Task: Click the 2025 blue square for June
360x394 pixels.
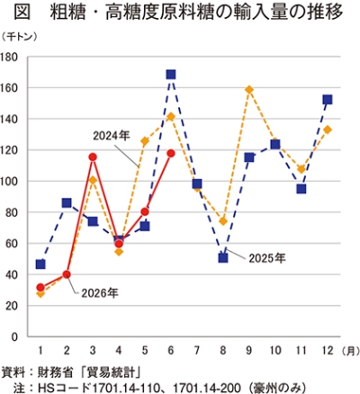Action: click(x=171, y=75)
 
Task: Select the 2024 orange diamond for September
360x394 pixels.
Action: click(x=249, y=90)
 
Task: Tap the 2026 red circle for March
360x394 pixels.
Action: click(x=93, y=157)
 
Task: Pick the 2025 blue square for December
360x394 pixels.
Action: click(x=328, y=100)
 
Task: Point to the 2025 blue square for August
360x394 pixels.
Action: click(x=223, y=258)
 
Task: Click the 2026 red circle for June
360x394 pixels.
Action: click(x=171, y=153)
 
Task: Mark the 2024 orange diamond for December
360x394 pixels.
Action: click(x=328, y=130)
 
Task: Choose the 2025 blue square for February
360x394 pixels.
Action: click(x=67, y=203)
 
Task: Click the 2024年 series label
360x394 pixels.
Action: click(x=112, y=136)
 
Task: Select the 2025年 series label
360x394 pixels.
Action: click(x=267, y=258)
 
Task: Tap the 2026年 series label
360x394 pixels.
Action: click(x=100, y=293)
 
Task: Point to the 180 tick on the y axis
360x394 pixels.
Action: click(x=10, y=57)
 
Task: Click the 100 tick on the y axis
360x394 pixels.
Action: click(x=10, y=182)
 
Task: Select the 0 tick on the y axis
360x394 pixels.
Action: click(x=14, y=336)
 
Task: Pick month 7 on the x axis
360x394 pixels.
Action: click(x=197, y=350)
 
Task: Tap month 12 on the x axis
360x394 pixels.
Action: click(x=328, y=350)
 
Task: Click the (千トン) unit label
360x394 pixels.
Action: click(x=20, y=37)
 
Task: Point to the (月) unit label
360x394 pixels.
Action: click(x=350, y=351)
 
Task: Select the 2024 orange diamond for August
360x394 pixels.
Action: click(x=223, y=221)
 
